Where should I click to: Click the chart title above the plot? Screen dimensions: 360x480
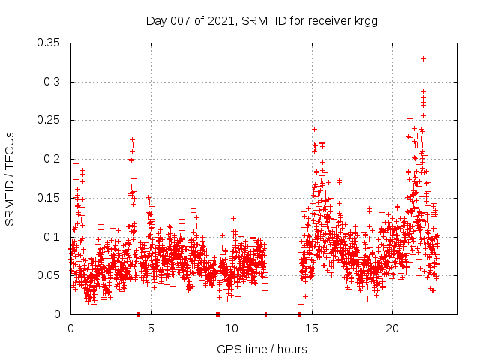point(261,21)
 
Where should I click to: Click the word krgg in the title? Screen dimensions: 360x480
point(365,21)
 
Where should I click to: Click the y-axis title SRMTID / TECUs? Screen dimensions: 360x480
point(10,178)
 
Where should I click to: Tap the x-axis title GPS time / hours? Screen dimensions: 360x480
point(262,349)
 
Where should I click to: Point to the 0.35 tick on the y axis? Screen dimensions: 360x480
point(49,43)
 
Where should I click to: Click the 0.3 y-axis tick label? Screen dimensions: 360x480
point(52,82)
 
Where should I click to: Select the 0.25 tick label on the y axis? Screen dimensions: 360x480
point(49,120)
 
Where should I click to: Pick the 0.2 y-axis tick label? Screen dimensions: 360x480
point(52,159)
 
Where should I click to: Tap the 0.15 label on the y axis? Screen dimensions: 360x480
point(49,198)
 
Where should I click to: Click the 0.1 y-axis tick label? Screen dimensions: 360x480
point(52,237)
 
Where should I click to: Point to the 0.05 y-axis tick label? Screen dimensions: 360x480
point(49,275)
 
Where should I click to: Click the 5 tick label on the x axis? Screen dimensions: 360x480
point(151,329)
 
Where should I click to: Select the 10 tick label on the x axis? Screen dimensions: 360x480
point(232,329)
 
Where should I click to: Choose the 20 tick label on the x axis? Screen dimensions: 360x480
point(393,329)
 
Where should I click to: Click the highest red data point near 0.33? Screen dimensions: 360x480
point(423,58)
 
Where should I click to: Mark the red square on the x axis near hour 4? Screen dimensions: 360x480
point(139,314)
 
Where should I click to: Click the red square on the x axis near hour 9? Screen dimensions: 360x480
point(217,314)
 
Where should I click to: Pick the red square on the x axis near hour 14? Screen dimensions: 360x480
point(300,314)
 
